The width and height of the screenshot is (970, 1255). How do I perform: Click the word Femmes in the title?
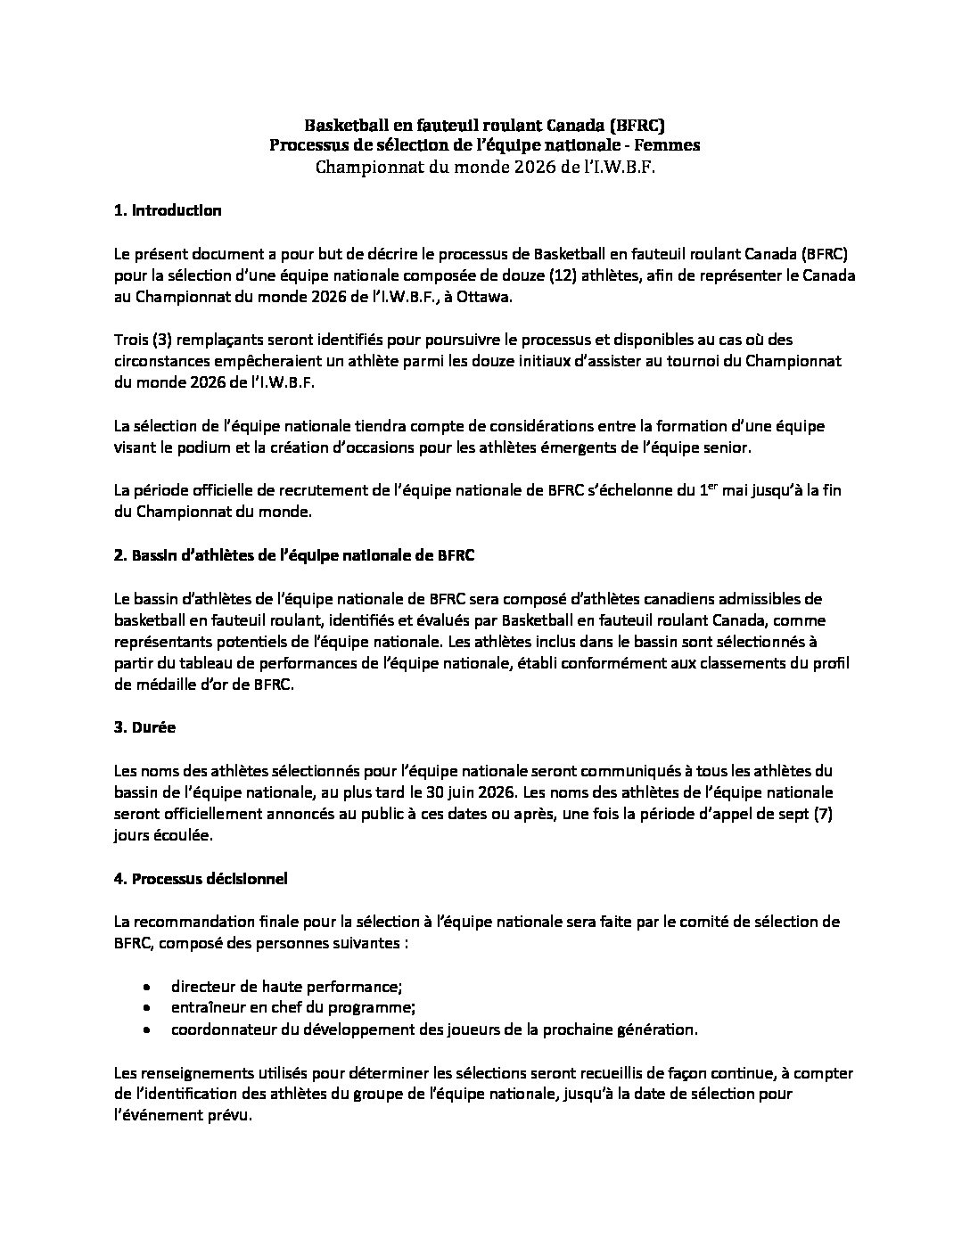[669, 144]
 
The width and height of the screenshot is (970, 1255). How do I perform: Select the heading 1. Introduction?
[168, 210]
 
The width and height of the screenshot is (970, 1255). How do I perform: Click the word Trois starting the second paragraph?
[132, 340]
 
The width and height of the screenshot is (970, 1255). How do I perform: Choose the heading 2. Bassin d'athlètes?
[294, 554]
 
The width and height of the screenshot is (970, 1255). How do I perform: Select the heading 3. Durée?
[144, 726]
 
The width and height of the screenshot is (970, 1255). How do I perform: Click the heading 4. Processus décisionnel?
[201, 878]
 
